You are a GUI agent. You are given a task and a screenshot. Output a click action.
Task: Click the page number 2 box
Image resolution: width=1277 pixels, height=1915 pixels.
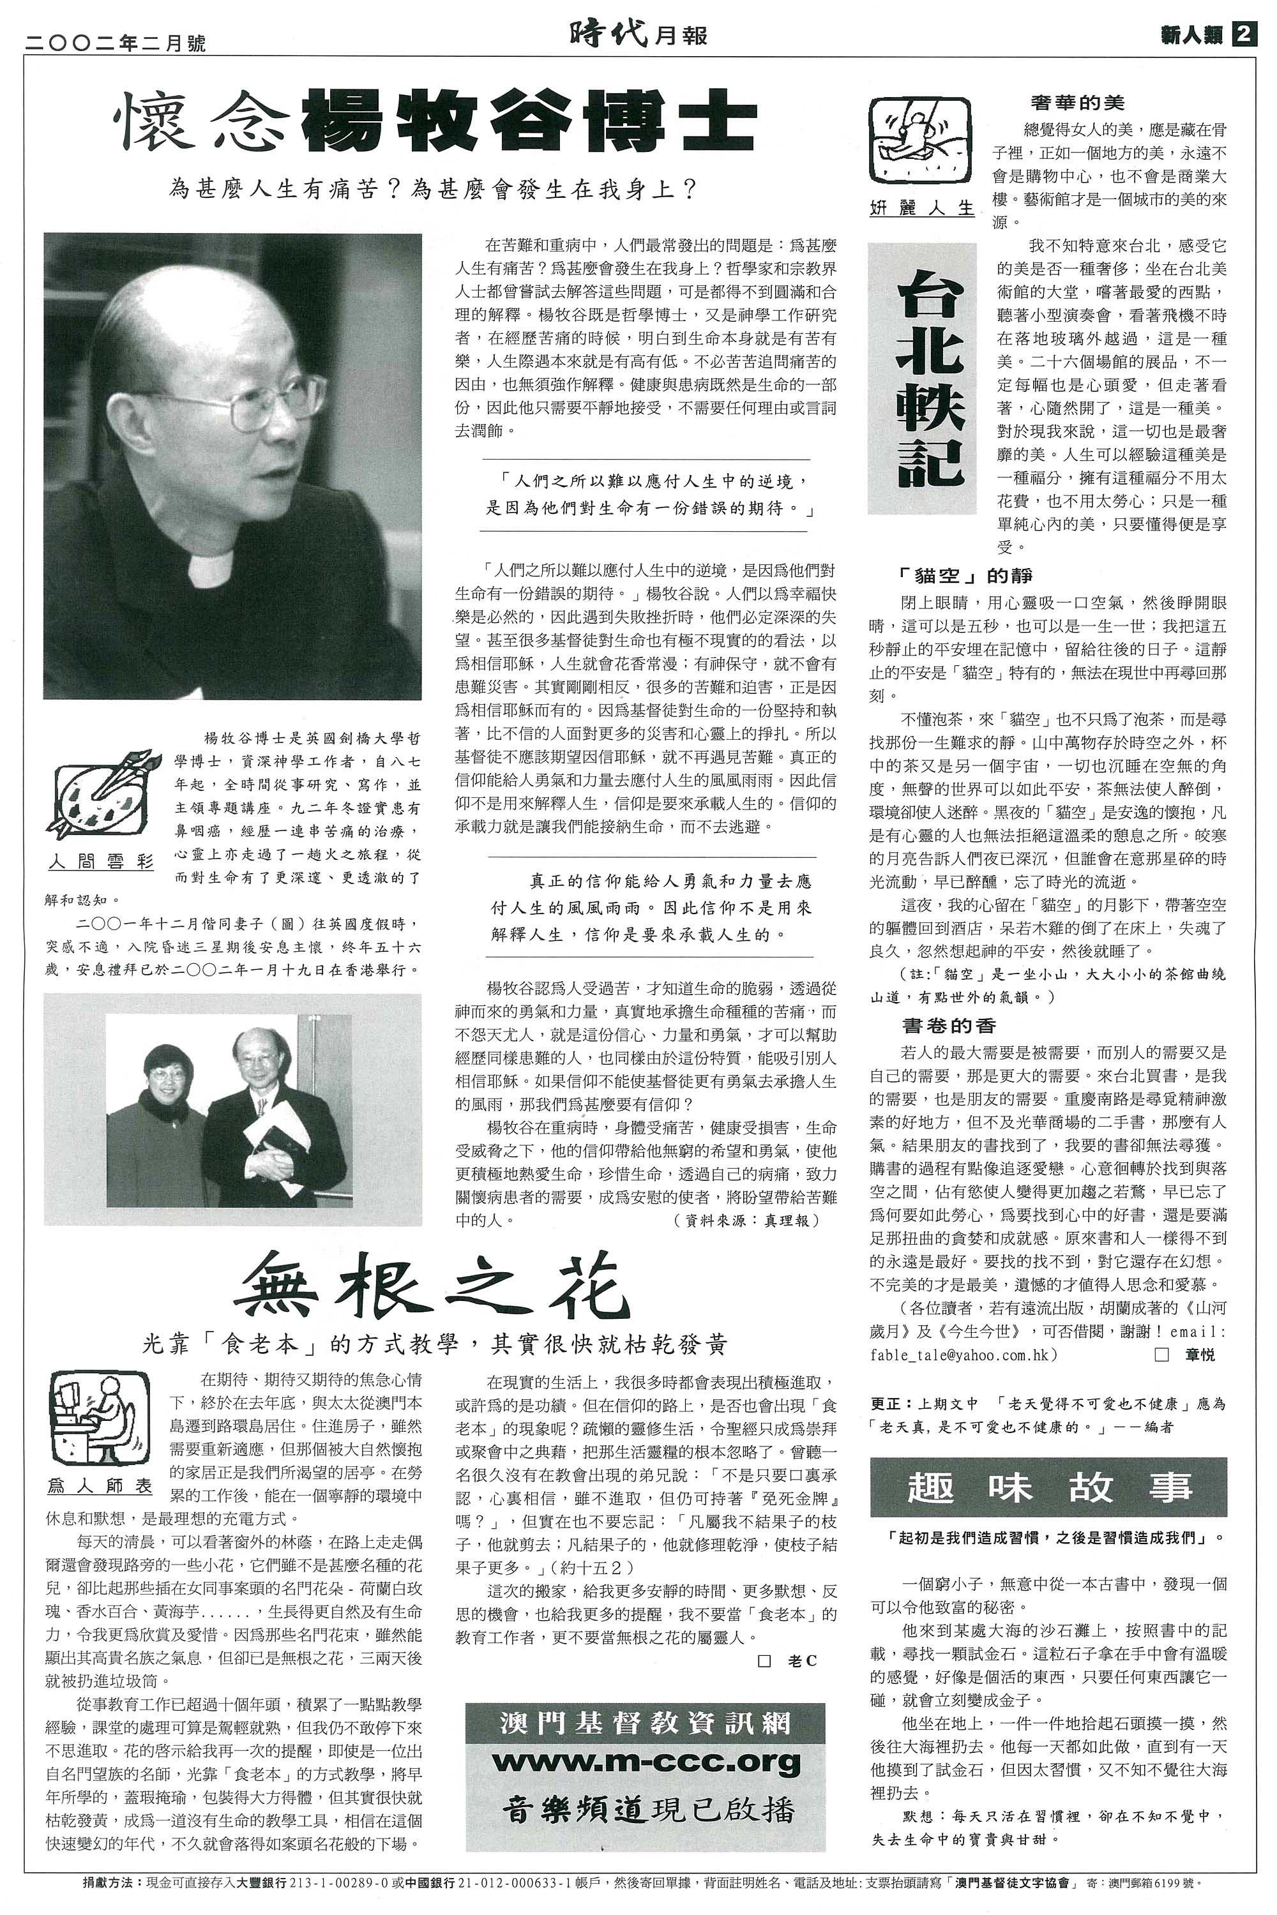(x=1244, y=34)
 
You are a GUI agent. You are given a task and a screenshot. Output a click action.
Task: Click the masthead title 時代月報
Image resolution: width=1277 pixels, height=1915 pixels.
(x=638, y=34)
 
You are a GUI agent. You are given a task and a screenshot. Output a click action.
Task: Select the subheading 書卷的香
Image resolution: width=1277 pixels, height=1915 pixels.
(x=948, y=1025)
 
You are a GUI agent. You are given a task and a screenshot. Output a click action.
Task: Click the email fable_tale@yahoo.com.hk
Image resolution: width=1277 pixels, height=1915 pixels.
(x=964, y=1354)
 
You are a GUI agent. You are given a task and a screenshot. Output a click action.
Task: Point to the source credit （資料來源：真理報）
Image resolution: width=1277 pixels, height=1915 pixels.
(x=746, y=1220)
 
